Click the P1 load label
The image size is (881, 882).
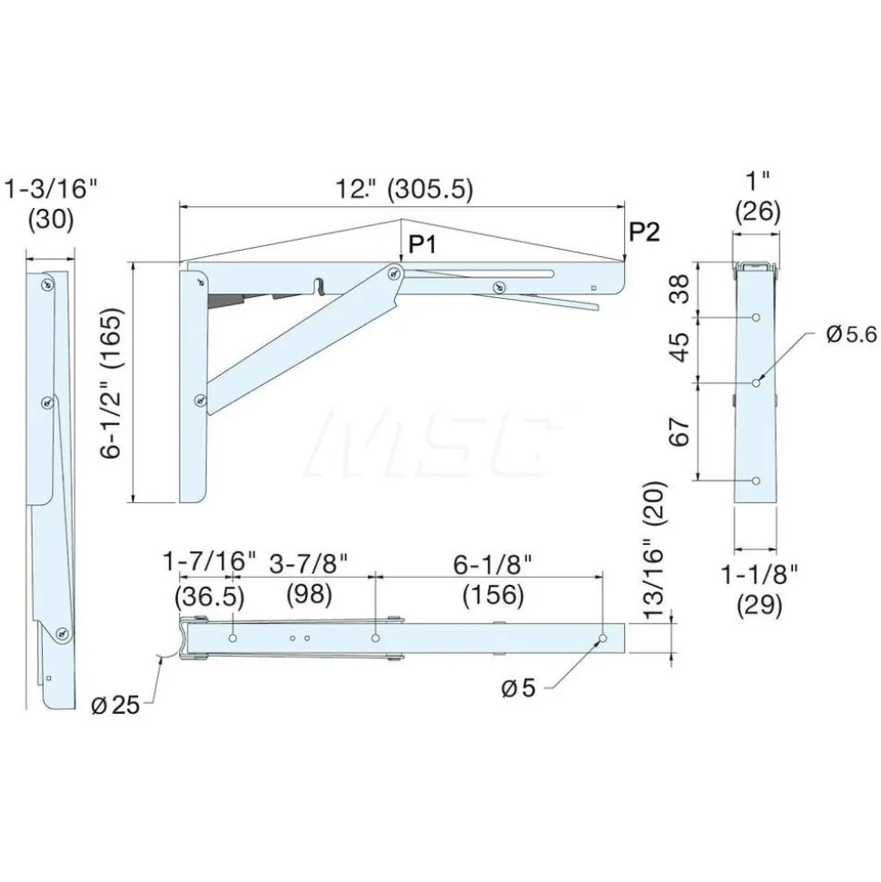point(422,244)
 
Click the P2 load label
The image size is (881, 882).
point(644,232)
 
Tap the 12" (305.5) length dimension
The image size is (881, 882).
point(404,189)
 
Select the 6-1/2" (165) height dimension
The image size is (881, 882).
point(112,383)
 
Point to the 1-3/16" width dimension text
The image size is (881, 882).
point(51,189)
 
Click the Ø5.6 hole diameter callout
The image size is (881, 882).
point(852,334)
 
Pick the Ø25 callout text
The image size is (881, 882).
point(115,704)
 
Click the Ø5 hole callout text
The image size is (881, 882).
point(518,689)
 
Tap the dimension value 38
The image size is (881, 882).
point(680,289)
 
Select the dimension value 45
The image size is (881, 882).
point(680,347)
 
